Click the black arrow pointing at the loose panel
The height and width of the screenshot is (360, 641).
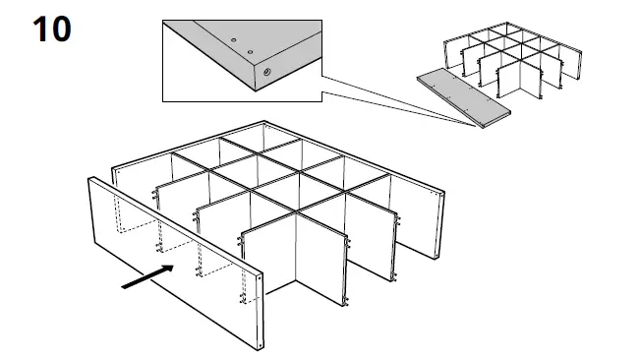[148, 274]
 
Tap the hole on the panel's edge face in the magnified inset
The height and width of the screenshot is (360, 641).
[266, 73]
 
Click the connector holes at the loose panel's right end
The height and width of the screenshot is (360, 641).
[257, 295]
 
